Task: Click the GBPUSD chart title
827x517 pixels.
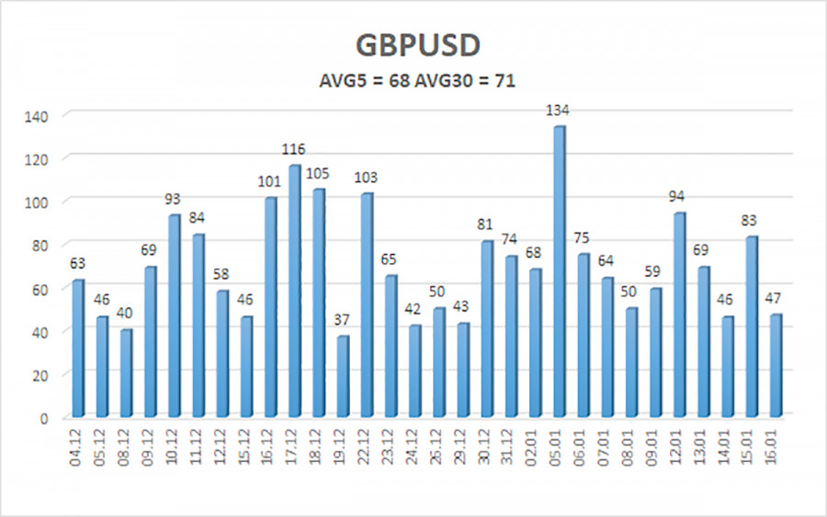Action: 413,47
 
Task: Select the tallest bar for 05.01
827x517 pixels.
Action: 559,271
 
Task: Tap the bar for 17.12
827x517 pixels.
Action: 295,291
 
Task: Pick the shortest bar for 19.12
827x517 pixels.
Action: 343,376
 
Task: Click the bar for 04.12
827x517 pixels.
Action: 78,348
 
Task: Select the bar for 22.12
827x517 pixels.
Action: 367,304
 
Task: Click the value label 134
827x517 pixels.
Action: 558,111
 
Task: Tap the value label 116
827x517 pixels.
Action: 294,150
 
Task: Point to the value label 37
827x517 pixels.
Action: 343,321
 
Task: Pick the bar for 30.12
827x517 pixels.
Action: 487,328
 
